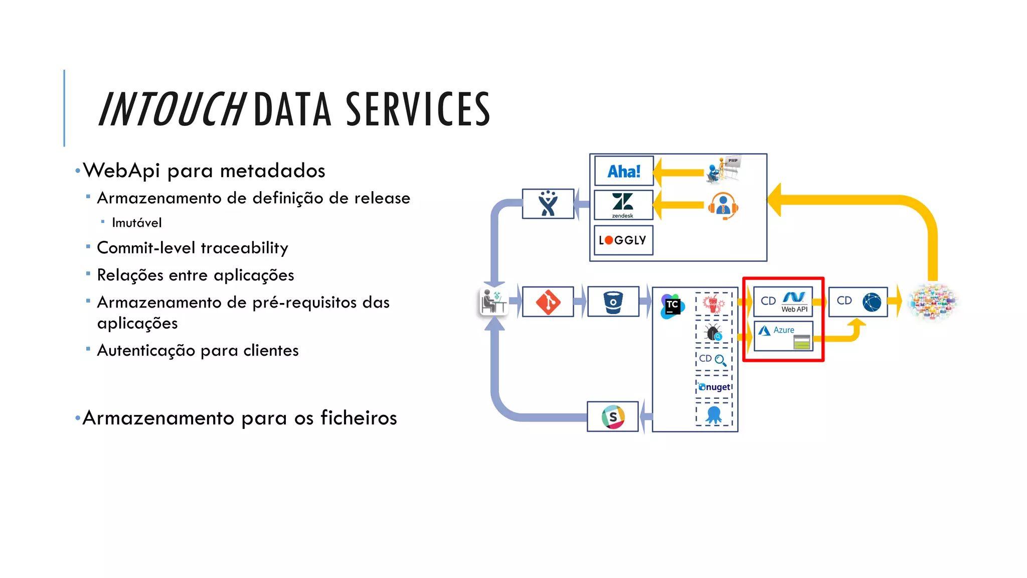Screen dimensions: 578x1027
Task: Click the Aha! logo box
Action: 624,171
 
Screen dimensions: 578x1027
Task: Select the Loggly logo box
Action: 623,240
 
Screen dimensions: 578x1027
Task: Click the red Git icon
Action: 548,302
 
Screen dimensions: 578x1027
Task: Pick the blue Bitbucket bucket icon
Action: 613,302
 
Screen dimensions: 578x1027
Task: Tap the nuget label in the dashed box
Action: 715,387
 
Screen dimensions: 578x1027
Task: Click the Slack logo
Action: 613,417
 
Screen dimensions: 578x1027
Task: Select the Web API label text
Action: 794,310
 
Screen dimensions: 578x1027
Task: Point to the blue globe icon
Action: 872,302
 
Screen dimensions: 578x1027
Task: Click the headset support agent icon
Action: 723,206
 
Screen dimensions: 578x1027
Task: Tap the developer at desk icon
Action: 493,302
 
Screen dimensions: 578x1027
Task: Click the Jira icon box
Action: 548,204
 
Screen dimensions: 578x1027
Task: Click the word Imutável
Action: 136,223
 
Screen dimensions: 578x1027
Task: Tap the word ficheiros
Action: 359,418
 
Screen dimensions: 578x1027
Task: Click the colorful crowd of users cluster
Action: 933,302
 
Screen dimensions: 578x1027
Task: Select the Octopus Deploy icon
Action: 714,415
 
